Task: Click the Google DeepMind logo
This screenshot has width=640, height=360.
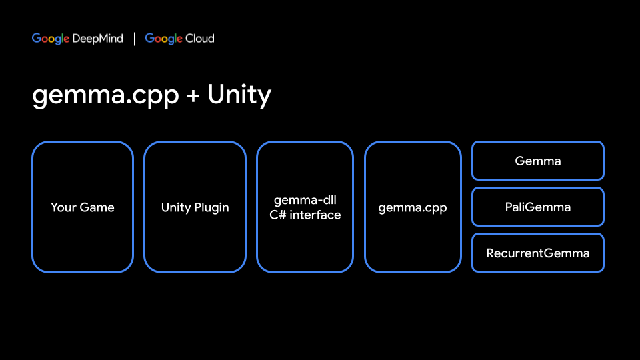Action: click(77, 39)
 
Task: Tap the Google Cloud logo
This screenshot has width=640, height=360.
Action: click(179, 39)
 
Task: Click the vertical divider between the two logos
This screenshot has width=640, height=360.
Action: click(134, 39)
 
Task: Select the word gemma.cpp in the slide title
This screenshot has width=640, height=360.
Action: click(105, 96)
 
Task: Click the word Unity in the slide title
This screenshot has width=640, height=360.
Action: click(239, 96)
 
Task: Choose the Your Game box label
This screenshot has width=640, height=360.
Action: click(83, 207)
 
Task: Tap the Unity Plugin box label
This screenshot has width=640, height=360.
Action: click(195, 207)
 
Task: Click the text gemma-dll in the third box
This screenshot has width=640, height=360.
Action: click(305, 200)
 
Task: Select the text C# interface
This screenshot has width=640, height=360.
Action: click(305, 215)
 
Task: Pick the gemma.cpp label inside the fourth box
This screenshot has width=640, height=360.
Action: click(413, 207)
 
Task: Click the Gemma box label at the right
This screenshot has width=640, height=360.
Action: click(538, 161)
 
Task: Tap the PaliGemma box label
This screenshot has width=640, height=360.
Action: click(538, 207)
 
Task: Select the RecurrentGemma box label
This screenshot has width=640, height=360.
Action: click(538, 253)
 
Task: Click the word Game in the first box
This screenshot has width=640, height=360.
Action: click(97, 207)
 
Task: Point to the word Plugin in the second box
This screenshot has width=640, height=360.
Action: click(212, 207)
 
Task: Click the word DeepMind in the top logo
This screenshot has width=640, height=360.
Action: click(98, 39)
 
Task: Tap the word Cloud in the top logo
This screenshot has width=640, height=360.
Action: click(200, 39)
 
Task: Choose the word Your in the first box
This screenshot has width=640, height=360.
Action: click(63, 207)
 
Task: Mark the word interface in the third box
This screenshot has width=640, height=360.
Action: click(314, 215)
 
